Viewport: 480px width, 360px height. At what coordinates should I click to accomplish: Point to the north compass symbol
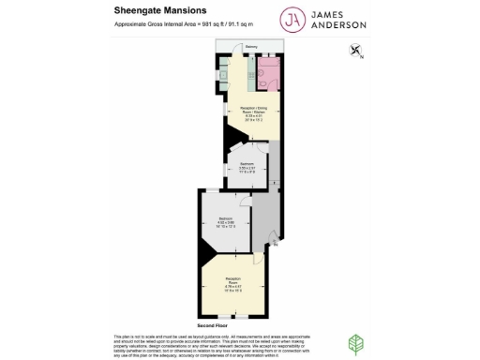click(x=356, y=52)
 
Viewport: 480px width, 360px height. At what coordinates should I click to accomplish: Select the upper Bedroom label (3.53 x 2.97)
click(x=246, y=167)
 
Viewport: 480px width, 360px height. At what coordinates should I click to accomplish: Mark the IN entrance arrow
click(x=274, y=243)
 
